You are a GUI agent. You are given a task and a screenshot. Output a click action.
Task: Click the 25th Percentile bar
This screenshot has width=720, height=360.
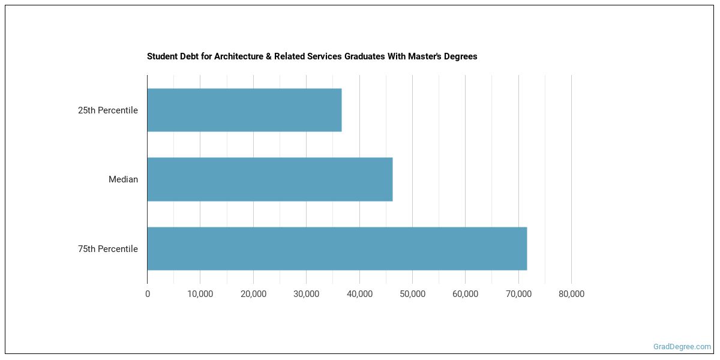(x=244, y=110)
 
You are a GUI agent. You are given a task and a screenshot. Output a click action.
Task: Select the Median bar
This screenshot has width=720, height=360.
(x=270, y=179)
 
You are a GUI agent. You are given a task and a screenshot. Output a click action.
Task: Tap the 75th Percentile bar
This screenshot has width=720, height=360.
(x=337, y=248)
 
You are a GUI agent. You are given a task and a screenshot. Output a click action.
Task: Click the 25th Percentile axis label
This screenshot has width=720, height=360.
(x=108, y=110)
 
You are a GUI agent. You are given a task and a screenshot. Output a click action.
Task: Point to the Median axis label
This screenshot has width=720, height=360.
(x=123, y=179)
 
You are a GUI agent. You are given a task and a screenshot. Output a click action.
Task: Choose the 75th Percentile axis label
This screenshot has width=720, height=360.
(x=108, y=249)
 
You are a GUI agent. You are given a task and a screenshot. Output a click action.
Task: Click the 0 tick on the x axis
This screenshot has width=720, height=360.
(x=148, y=294)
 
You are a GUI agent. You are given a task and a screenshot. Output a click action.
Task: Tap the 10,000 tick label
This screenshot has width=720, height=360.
(x=200, y=294)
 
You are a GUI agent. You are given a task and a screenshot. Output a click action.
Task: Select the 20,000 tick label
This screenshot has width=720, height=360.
(x=253, y=294)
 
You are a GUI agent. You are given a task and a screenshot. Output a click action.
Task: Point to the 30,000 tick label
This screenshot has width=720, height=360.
(x=306, y=294)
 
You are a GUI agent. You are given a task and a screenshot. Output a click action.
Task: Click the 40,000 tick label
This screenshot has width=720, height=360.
(x=359, y=294)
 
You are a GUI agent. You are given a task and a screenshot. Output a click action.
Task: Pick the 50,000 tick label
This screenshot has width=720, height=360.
(x=412, y=294)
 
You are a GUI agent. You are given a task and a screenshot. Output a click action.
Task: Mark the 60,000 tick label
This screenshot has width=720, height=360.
(x=465, y=294)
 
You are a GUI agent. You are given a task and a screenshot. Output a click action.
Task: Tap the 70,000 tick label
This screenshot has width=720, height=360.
(x=518, y=294)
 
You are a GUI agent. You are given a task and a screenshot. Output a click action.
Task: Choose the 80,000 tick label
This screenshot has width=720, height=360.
(x=571, y=294)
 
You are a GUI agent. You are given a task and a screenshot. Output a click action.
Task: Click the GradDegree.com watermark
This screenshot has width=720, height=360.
(x=682, y=347)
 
